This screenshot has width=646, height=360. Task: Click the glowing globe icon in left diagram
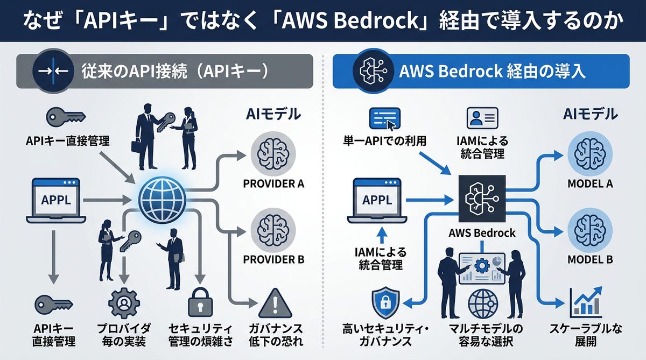(161, 199)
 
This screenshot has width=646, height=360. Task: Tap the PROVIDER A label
(274, 183)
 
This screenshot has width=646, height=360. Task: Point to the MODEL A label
(591, 183)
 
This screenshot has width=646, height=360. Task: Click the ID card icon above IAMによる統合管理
(482, 118)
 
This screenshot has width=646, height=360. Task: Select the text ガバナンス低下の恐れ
(274, 335)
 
